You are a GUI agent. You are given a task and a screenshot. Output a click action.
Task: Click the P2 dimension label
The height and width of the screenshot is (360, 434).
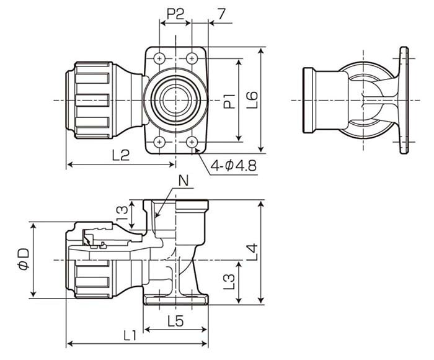pos(175,14)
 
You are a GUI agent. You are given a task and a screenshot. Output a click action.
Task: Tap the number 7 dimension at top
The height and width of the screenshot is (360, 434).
pos(221,14)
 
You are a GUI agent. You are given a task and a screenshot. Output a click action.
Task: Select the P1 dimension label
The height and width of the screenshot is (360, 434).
pos(229,101)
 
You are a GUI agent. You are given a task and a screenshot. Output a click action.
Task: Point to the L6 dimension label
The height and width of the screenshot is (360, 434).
pos(252,100)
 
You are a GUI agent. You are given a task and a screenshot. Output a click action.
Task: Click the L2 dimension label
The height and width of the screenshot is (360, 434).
pos(121,155)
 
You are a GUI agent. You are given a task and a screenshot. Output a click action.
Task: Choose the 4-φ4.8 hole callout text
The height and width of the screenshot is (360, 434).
pos(234,166)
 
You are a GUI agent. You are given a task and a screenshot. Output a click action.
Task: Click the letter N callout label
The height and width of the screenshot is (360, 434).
pos(184,181)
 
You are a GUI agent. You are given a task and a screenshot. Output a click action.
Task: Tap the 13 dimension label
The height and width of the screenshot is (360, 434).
pos(123,214)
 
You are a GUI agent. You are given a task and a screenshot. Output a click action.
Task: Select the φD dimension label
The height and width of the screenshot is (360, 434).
pos(24,259)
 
